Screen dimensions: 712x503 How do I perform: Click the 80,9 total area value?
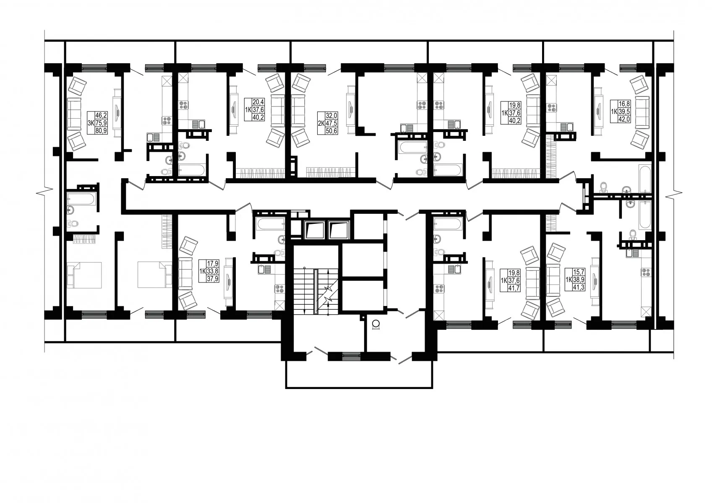[x=102, y=130]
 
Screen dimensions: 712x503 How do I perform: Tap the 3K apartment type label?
[x=91, y=123]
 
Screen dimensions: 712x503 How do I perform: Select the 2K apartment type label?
[x=321, y=123]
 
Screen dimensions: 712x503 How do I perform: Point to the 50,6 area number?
[x=331, y=130]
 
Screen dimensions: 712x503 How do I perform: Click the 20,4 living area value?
[x=258, y=102]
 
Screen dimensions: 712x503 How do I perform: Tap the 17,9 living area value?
[x=213, y=264]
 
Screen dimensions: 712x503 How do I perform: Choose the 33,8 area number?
[x=213, y=271]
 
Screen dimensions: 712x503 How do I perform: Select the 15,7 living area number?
[x=579, y=272]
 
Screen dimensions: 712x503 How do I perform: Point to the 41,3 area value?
[x=579, y=287]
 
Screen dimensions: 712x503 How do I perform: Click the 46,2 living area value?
[x=102, y=115]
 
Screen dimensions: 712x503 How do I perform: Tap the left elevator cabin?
[x=314, y=230]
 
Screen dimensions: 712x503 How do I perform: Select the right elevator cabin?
[x=339, y=230]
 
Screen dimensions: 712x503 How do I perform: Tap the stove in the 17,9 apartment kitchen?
[x=280, y=289]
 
